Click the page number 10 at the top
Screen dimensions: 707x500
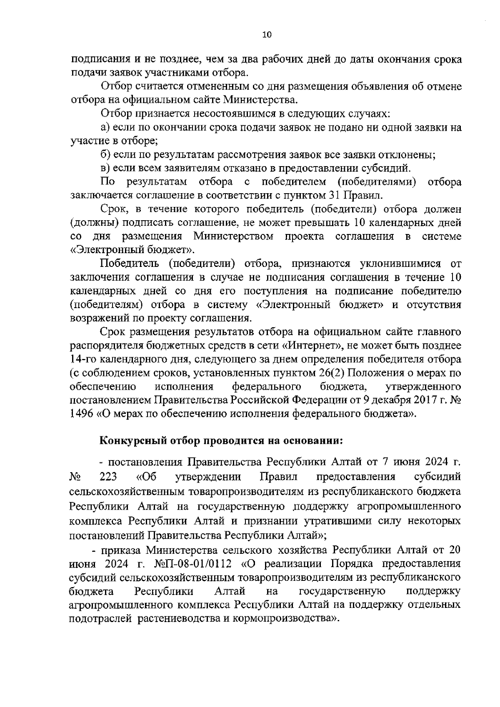click(267, 35)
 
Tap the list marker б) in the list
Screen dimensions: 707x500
click(105, 154)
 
